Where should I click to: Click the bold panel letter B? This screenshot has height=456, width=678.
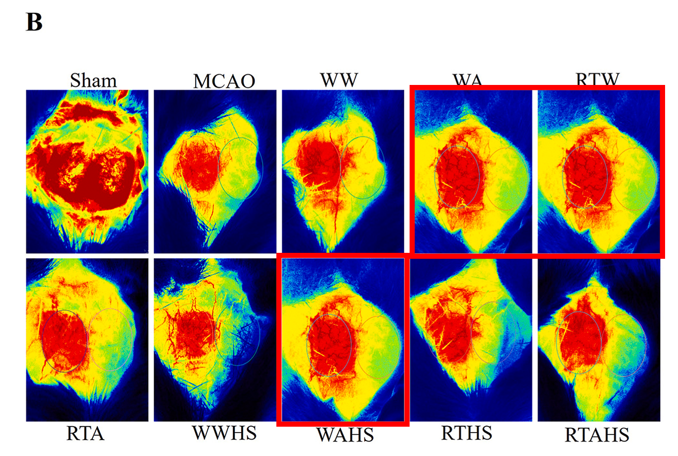coord(34,22)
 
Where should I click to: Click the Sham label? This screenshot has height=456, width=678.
coord(93,80)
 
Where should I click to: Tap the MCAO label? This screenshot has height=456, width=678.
coord(224,81)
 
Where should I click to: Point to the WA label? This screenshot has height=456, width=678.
coord(467,79)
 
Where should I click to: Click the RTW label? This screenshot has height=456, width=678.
coord(597,79)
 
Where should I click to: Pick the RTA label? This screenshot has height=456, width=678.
coord(85,434)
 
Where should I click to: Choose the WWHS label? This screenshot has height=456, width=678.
coord(225,433)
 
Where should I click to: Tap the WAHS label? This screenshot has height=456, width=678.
coord(345,435)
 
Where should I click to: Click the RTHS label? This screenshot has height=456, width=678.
coord(467,433)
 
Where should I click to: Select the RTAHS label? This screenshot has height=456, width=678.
coord(597,435)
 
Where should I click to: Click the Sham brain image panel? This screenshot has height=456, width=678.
coord(87,171)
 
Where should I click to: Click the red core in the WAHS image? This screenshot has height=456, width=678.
coord(330,343)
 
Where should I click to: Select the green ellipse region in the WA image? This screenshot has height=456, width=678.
coord(506,179)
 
